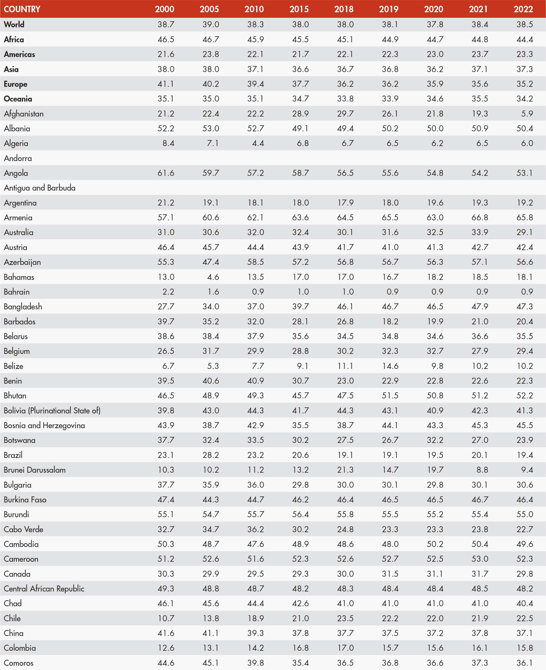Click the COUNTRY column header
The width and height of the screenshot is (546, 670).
(22, 9)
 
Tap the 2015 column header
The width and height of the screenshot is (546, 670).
(299, 9)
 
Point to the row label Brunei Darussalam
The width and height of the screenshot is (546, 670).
(35, 470)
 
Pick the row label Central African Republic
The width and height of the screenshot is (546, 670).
(44, 589)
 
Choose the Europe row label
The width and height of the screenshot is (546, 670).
(16, 84)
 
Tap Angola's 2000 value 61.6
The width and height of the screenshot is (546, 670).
(166, 173)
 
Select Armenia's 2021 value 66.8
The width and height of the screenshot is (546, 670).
(480, 218)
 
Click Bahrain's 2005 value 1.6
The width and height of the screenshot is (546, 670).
(213, 292)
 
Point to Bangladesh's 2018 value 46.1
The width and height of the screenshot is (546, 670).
(345, 306)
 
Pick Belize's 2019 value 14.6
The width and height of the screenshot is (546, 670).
(390, 366)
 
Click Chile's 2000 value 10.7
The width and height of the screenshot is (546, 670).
(166, 618)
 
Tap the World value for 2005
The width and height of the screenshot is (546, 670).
(210, 24)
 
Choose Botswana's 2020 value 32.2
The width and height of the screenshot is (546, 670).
(435, 440)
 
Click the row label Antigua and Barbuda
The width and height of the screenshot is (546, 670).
(40, 188)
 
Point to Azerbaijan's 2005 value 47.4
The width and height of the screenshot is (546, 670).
(210, 262)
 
